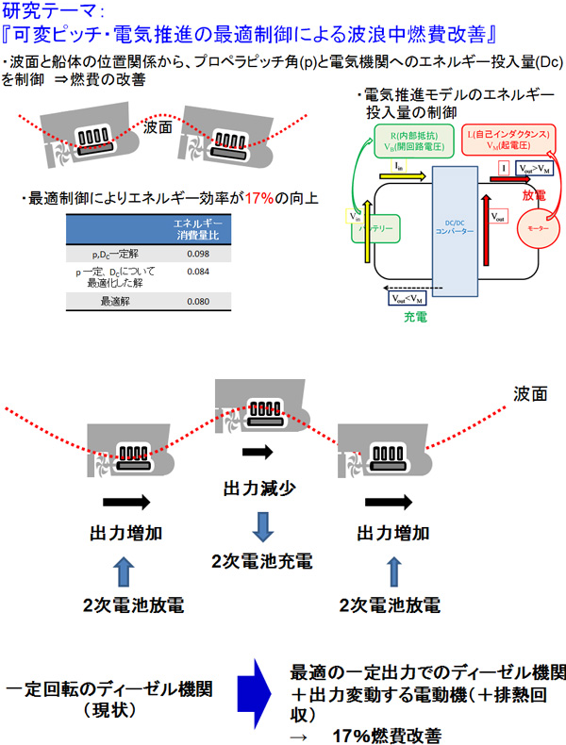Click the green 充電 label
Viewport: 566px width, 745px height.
pyautogui.click(x=415, y=318)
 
